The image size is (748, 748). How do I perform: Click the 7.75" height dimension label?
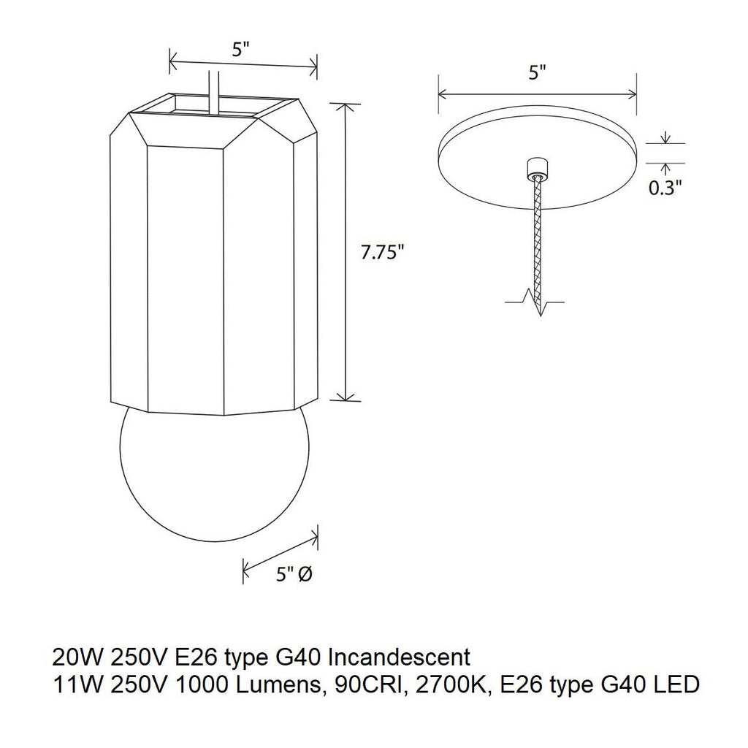(383, 253)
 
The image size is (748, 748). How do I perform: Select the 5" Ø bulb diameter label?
(294, 574)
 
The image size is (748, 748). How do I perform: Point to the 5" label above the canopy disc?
(538, 72)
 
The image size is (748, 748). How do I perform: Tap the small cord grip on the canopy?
(538, 168)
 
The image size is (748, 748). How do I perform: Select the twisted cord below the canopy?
(538, 234)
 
